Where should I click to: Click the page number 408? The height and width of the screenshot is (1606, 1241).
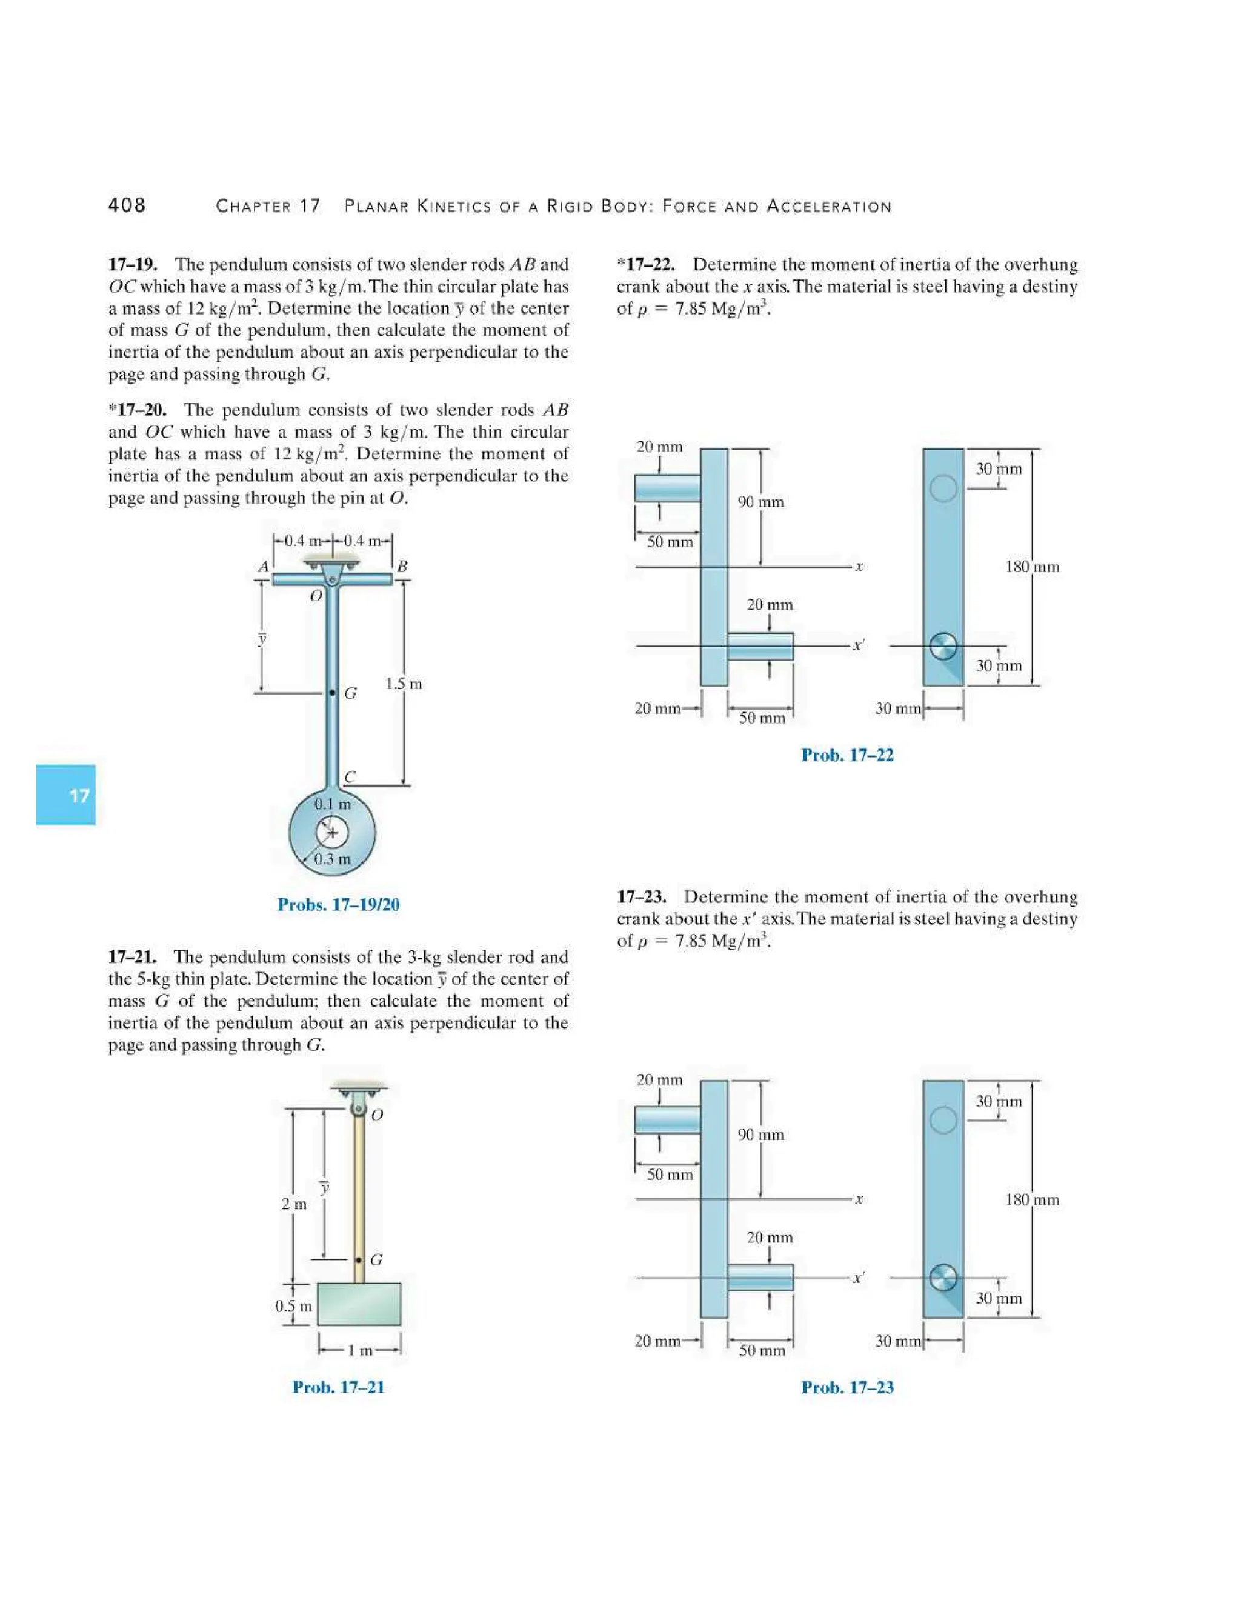[127, 205]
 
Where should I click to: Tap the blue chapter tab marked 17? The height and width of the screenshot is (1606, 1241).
[66, 795]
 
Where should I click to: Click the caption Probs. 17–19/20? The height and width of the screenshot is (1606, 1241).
[338, 904]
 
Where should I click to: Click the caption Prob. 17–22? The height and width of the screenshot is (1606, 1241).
[847, 755]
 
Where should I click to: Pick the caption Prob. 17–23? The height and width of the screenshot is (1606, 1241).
[847, 1388]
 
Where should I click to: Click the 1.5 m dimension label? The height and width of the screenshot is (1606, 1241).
[404, 684]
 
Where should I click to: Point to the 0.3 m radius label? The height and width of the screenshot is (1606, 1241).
[332, 859]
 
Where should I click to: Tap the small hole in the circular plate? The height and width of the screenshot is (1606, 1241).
[331, 833]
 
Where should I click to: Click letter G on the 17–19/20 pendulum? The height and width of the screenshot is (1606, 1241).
[351, 693]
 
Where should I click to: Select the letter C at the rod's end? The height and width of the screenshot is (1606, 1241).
[350, 778]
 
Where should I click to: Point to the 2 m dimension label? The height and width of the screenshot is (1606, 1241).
[294, 1204]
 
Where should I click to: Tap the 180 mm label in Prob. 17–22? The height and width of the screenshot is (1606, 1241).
[1032, 567]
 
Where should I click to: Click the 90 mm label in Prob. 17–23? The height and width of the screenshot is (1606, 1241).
[761, 1135]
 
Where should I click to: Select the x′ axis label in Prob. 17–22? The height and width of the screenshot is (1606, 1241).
[859, 645]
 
